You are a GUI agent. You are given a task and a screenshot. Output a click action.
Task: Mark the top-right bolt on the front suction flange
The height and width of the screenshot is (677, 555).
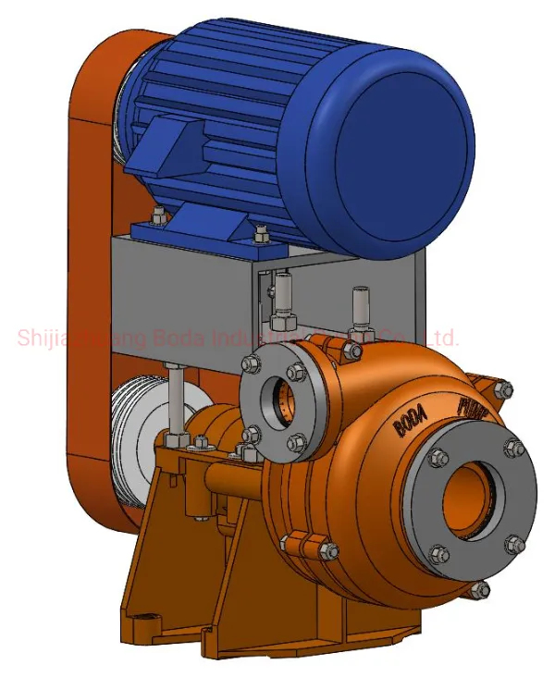[514, 449]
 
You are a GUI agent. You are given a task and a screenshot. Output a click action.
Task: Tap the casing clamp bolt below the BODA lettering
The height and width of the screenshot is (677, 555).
[327, 552]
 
